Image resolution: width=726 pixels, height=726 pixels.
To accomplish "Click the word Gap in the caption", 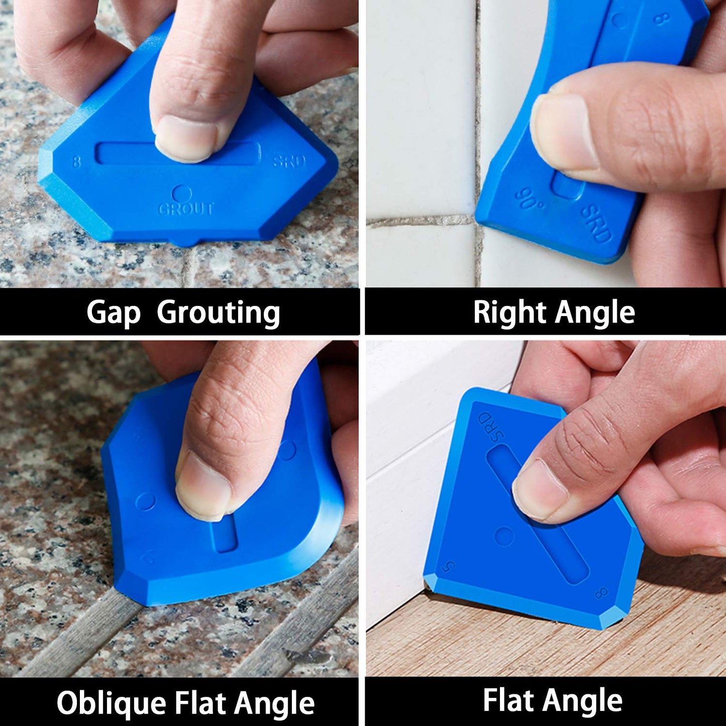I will pyautogui.click(x=113, y=313).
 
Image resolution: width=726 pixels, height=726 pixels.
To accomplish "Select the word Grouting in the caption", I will pyautogui.click(x=219, y=313).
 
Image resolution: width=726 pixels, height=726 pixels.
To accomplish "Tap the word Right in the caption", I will pyautogui.click(x=510, y=313).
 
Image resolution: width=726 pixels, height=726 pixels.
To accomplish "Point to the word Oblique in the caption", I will pyautogui.click(x=111, y=703).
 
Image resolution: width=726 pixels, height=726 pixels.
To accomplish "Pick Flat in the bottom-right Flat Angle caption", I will pyautogui.click(x=507, y=700).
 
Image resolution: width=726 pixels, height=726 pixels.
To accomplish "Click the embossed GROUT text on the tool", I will pyautogui.click(x=186, y=209).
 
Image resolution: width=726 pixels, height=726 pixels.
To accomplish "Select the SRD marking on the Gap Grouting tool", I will pyautogui.click(x=289, y=161).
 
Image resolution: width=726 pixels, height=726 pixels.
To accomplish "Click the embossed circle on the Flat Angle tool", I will pyautogui.click(x=504, y=536).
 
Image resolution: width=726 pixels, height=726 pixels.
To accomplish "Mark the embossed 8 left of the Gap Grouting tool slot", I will pyautogui.click(x=76, y=162).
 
